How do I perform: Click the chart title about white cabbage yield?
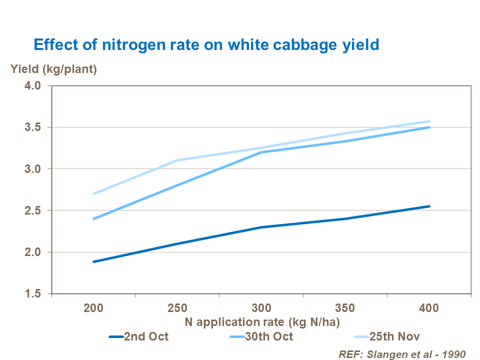[206, 44]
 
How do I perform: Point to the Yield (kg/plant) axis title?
[54, 69]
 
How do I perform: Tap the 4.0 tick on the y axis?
[36, 86]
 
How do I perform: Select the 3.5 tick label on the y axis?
[36, 127]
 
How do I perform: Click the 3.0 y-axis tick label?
[36, 169]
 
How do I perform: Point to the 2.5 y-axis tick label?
[36, 210]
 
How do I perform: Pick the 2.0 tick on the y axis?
[36, 252]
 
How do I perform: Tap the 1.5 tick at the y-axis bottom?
[36, 293]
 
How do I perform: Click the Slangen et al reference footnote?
[402, 353]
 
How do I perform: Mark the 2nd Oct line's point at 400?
[429, 206]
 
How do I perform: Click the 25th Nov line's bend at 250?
[177, 160]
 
